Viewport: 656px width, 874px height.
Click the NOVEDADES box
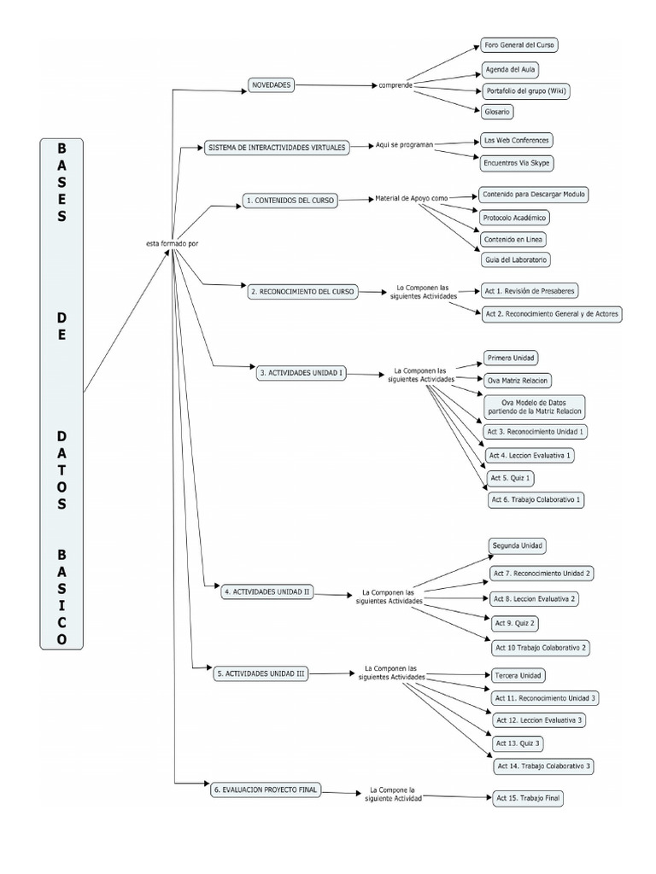(x=271, y=85)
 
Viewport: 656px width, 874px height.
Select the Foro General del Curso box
(x=520, y=45)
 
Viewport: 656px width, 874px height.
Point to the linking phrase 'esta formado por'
(x=172, y=243)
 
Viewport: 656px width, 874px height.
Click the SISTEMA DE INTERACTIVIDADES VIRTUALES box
(x=277, y=148)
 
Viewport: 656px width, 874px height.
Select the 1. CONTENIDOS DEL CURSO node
(x=289, y=201)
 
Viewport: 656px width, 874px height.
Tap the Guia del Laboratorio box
(x=516, y=259)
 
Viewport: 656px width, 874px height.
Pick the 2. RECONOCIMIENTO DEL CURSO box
(x=302, y=291)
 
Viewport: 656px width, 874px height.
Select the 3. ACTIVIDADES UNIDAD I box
(x=301, y=372)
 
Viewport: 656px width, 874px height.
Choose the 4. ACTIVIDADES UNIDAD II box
(x=267, y=591)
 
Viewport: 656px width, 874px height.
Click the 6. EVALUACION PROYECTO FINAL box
(x=266, y=790)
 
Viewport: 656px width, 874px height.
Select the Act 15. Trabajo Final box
(x=529, y=798)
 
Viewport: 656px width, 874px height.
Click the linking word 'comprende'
(x=397, y=86)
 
